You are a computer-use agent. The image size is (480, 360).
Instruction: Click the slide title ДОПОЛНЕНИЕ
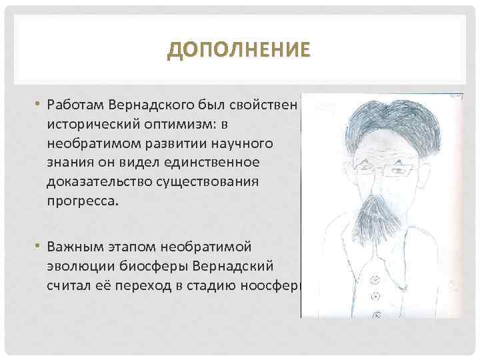pos(239,50)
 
